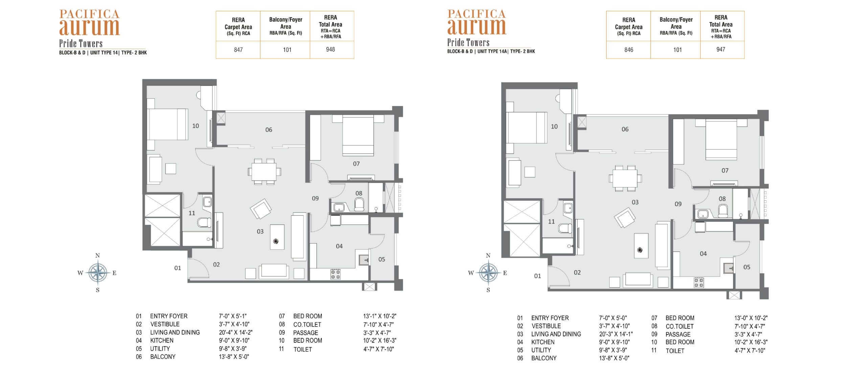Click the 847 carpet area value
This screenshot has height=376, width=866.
coord(238,50)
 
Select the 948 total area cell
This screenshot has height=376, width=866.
coord(330,49)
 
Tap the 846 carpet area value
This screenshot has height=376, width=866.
coord(629,50)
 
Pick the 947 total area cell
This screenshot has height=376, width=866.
coord(721,49)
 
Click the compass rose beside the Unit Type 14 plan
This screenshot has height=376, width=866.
coord(97,272)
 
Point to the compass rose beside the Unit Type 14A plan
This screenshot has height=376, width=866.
coord(488,272)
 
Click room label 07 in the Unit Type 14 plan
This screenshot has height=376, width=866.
coord(356,164)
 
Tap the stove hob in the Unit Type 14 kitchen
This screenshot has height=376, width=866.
coord(336,274)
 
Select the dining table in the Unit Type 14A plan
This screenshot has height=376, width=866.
coord(625,178)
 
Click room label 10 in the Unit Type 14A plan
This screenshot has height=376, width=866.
coord(554,127)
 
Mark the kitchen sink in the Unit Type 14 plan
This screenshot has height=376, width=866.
coord(364,260)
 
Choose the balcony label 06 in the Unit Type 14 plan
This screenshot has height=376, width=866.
coord(269,130)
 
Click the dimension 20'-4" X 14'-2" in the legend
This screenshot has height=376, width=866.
coord(235,332)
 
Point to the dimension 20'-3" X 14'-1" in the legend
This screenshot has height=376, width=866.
coord(616,334)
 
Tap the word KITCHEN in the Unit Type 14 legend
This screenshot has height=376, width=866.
coord(162,340)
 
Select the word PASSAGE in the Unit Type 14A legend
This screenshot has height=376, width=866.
coord(678,334)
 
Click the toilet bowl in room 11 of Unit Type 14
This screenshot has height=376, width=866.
coord(204,222)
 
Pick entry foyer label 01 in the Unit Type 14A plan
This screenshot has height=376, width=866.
coord(538,276)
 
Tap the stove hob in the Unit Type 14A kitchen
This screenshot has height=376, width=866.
coord(699,283)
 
